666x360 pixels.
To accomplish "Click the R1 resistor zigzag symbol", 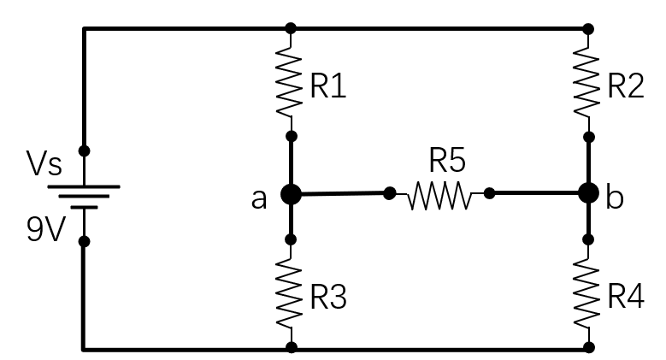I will point(291,82).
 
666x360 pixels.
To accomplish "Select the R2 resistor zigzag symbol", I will point(588,82).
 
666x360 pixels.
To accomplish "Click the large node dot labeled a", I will point(291,194).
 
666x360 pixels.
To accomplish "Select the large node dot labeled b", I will point(588,193).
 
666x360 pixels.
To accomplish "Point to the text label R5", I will point(449,161).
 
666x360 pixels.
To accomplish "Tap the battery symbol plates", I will point(83,196).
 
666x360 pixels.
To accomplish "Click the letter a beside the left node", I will point(259,198).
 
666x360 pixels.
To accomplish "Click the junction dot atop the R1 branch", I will point(291,28).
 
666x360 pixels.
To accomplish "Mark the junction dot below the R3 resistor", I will point(291,347).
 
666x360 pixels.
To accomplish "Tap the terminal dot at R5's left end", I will point(390,194).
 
